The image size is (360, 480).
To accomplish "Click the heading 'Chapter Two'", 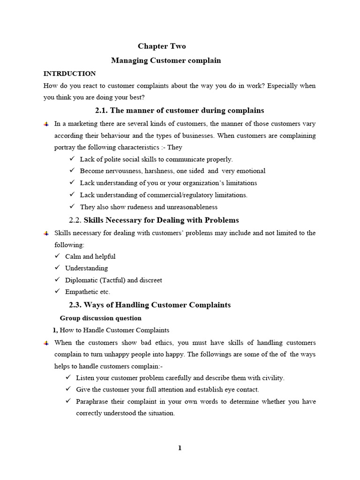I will click(162, 46).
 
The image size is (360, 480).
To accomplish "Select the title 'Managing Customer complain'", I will click(165, 60).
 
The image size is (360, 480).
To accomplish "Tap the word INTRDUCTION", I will click(69, 74).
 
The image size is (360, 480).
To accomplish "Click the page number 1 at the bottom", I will click(180, 448).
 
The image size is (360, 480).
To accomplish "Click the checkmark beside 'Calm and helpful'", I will click(58, 256).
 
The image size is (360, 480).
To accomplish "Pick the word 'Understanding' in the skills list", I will click(86, 268).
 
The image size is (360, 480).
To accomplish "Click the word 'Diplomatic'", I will click(80, 280).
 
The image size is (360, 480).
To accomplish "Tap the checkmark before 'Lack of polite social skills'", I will click(72, 159).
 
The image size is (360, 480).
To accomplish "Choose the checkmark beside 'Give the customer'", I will click(68, 389).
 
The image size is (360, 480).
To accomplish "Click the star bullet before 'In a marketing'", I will click(46, 124).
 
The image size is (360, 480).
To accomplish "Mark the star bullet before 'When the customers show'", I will click(46, 343).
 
